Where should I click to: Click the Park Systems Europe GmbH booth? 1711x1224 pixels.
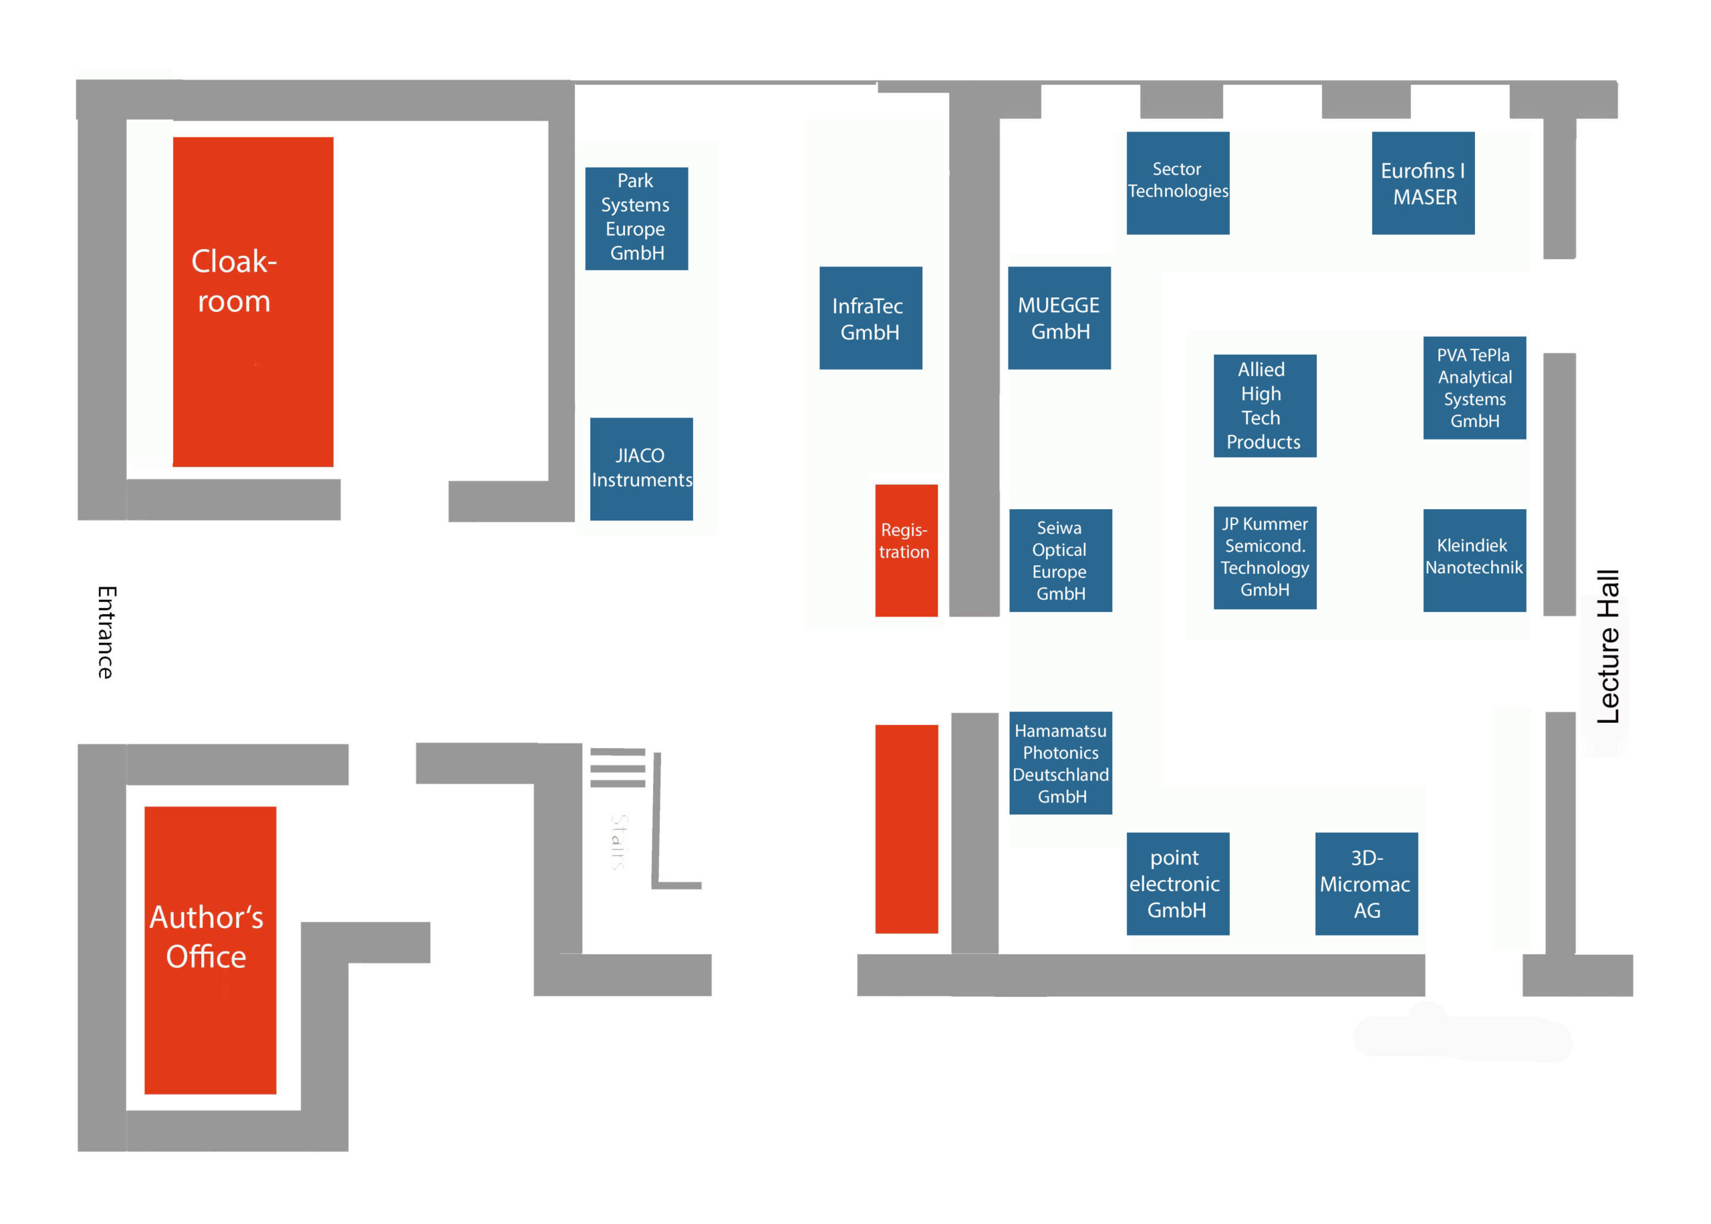636,218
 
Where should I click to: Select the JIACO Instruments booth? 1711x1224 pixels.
642,469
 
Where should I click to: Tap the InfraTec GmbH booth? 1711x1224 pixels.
871,318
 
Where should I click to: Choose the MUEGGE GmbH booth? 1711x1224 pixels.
1059,318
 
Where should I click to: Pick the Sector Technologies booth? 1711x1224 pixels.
1178,183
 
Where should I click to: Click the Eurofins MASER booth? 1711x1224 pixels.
1423,183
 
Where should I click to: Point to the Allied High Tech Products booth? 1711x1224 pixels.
1265,406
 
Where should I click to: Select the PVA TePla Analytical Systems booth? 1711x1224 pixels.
1474,388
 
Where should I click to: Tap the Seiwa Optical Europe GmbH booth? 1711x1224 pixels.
1061,560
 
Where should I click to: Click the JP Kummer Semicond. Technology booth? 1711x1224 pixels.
1265,558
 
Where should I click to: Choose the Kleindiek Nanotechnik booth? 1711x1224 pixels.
1474,560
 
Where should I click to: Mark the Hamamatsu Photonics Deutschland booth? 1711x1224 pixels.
1061,763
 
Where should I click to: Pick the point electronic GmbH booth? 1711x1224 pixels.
1178,883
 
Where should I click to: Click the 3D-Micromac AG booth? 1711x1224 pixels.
1367,883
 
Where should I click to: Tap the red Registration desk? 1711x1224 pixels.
907,550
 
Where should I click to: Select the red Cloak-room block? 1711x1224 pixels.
253,301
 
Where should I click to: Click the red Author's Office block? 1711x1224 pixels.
211,949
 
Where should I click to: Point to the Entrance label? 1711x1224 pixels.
106,631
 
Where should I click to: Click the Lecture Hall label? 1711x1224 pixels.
1607,646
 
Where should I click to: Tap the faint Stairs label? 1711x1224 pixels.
619,842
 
